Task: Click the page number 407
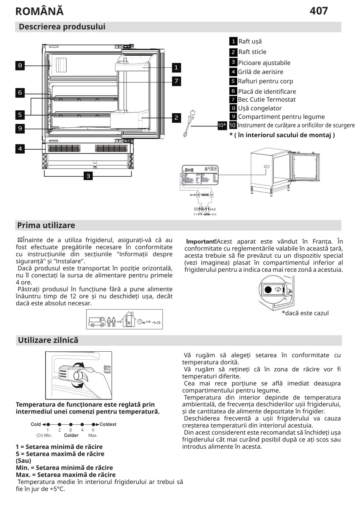click(x=318, y=11)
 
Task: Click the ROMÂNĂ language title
click(x=39, y=11)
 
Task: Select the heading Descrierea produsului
click(x=62, y=27)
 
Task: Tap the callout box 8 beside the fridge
click(x=20, y=66)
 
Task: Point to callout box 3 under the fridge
click(x=88, y=176)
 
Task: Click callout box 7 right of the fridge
click(x=176, y=81)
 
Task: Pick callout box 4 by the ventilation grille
click(x=20, y=149)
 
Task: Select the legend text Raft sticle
click(x=252, y=52)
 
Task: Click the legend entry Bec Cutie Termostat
click(x=266, y=100)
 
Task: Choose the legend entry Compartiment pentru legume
click(x=281, y=117)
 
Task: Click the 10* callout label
click(x=222, y=125)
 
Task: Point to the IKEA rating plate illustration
click(x=200, y=175)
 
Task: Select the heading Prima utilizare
click(x=46, y=225)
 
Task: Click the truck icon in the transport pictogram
click(x=97, y=322)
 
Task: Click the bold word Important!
click(x=201, y=241)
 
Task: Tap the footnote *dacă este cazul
click(x=305, y=313)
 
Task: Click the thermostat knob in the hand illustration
click(x=80, y=376)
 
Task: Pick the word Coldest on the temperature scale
click(x=108, y=424)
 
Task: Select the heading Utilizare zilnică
click(x=48, y=340)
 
